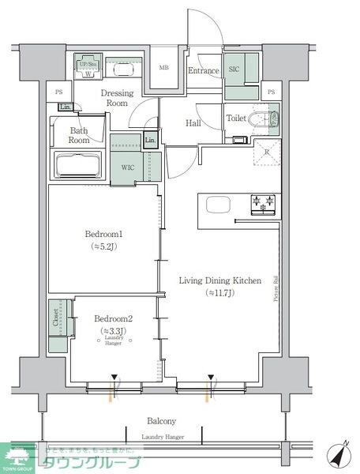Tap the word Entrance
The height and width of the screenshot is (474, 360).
coord(202,71)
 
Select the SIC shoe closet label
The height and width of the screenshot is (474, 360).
coord(234,70)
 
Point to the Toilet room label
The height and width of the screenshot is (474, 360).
coord(236,118)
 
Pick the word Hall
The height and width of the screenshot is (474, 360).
coord(193,123)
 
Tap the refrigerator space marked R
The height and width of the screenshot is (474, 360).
coord(267,152)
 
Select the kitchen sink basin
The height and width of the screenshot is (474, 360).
coord(218,205)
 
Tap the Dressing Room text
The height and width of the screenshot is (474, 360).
coord(118,98)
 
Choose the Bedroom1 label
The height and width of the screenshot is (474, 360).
coord(104,235)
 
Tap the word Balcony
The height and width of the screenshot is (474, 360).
coord(160,421)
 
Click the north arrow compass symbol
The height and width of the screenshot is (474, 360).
coord(339,457)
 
